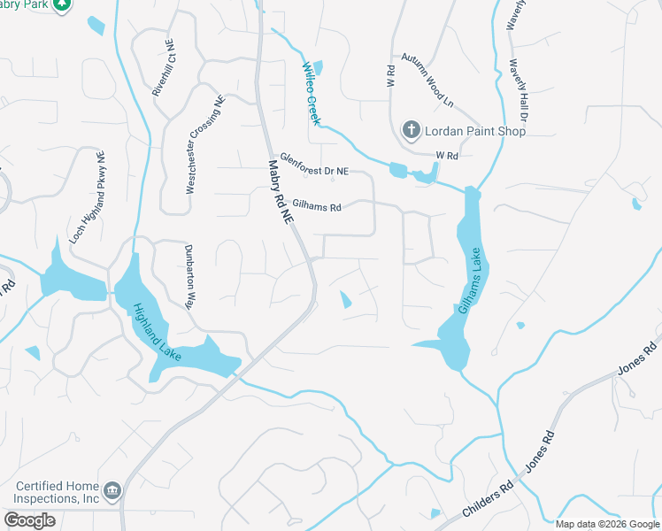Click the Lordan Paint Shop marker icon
coord(411,130)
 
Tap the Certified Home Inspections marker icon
coord(112,490)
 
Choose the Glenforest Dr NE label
coord(314,163)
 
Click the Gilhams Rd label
coord(316,206)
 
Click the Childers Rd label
coord(487,504)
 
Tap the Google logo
coord(29,520)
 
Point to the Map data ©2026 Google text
coord(606,524)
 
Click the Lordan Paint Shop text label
coord(475,131)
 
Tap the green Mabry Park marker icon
coord(61,4)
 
